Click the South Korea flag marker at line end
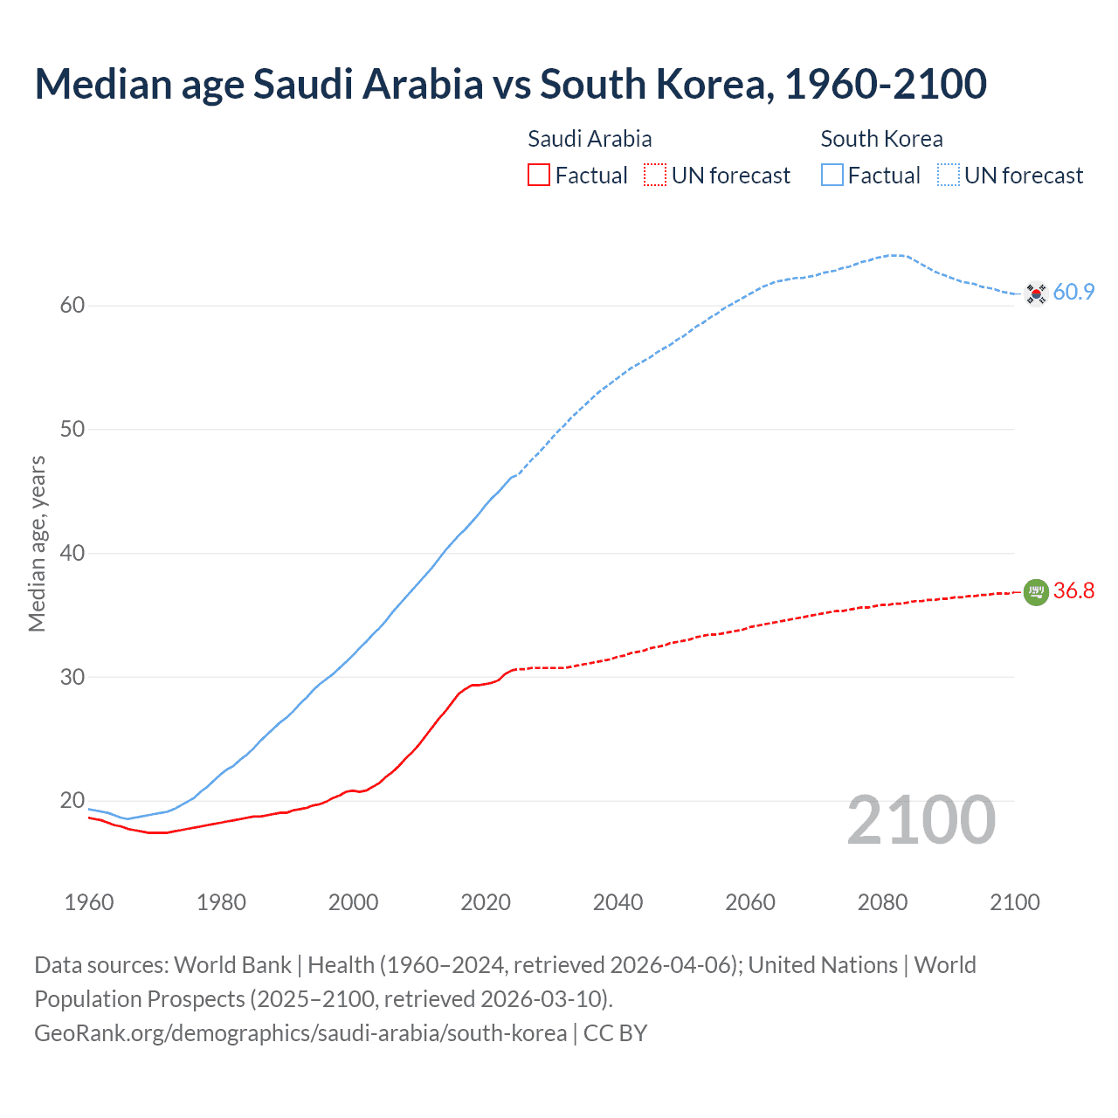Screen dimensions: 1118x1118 (x=1036, y=293)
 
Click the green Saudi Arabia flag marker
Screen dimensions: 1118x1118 (x=1036, y=592)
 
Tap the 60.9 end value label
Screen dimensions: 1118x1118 (x=1073, y=293)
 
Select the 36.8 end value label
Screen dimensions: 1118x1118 (x=1073, y=591)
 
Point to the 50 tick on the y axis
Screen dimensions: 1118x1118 (x=72, y=430)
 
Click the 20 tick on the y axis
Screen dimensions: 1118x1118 (x=72, y=801)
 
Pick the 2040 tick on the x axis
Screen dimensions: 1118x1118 (x=618, y=902)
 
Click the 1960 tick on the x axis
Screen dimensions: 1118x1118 (x=89, y=902)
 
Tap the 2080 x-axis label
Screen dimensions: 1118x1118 (x=882, y=902)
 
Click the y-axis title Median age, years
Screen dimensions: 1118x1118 (x=37, y=543)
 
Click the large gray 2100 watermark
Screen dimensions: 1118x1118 (x=921, y=820)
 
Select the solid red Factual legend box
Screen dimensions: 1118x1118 (x=539, y=176)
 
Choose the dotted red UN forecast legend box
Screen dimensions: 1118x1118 (x=655, y=176)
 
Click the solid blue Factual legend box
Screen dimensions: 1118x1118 (x=832, y=176)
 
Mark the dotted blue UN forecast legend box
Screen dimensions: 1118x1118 (x=949, y=176)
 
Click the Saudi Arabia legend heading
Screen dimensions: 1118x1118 (x=590, y=139)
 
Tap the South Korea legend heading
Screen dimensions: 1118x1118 (x=881, y=139)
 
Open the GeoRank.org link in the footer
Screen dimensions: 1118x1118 (x=300, y=1033)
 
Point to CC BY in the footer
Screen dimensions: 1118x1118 (x=615, y=1033)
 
